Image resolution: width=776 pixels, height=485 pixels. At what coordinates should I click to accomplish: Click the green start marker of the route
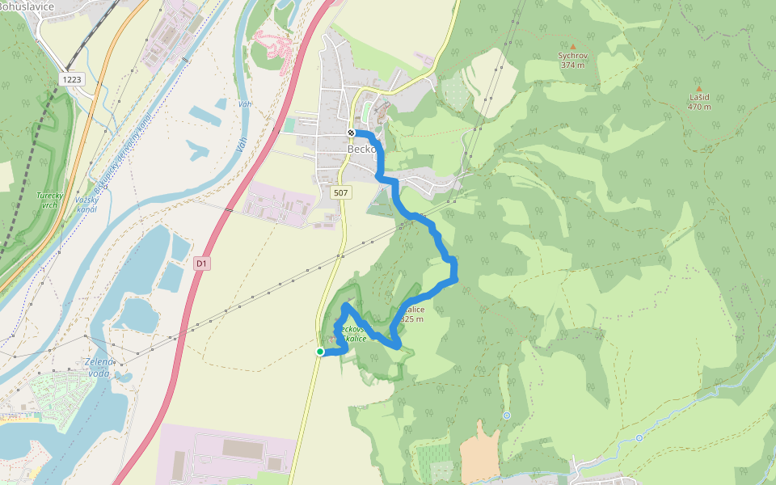tap(320, 352)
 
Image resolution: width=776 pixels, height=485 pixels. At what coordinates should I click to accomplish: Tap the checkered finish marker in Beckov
tap(351, 133)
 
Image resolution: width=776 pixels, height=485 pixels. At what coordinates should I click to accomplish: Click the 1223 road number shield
tap(71, 79)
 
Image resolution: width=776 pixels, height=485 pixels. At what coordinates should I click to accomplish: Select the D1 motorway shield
tap(201, 264)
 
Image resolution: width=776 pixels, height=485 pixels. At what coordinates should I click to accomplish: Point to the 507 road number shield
tap(341, 192)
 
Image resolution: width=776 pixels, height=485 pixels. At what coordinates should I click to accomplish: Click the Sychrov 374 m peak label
tap(572, 61)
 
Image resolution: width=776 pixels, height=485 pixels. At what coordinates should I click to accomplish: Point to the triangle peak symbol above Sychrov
tap(572, 46)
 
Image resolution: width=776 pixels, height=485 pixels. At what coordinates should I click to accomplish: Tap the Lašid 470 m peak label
tap(699, 102)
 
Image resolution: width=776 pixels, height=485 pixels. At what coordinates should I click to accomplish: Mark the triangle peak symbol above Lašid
tap(699, 88)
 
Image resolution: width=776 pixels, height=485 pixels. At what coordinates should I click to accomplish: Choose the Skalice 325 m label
tap(411, 314)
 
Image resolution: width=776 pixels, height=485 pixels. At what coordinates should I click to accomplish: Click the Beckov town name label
tap(362, 150)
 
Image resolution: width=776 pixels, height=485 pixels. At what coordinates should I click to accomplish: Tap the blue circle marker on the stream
tap(639, 438)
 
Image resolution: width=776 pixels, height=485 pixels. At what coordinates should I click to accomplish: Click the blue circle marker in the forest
tap(507, 415)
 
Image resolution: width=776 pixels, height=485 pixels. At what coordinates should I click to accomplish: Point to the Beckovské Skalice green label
tap(354, 334)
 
